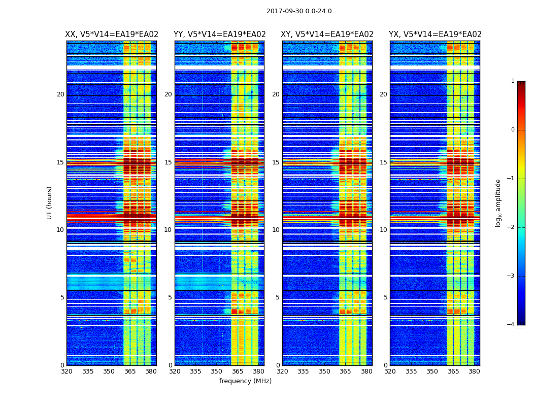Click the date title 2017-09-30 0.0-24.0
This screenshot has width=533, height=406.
click(299, 11)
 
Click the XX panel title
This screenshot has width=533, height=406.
click(112, 35)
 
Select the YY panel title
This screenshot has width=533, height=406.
click(220, 35)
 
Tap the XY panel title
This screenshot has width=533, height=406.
click(327, 35)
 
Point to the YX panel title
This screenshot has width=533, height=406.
click(435, 35)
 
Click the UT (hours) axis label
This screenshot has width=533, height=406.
click(50, 202)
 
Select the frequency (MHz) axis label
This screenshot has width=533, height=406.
click(245, 381)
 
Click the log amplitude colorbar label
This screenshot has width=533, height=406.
click(498, 202)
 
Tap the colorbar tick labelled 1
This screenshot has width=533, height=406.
click(513, 81)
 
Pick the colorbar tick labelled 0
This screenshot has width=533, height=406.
click(513, 130)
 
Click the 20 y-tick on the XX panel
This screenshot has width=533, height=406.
click(60, 94)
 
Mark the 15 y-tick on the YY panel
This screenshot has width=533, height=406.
click(168, 162)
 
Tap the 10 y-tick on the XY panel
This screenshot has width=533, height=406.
click(276, 230)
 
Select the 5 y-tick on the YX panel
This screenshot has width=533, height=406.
click(385, 297)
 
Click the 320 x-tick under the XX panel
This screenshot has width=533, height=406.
click(66, 371)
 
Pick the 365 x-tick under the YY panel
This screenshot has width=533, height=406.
click(238, 371)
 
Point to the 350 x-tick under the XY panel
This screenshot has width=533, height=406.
click(324, 371)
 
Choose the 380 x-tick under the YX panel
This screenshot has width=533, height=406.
click(474, 371)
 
